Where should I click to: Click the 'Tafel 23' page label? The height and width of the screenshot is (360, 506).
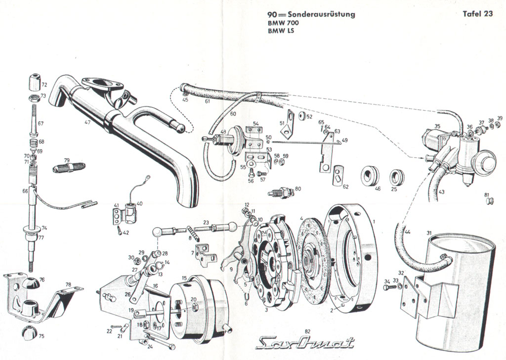tap(477, 14)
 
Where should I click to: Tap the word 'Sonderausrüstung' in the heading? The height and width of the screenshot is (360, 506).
tap(324, 14)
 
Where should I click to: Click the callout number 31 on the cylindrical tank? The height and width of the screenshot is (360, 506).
tap(429, 233)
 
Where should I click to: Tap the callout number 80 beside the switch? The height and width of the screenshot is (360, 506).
tap(297, 189)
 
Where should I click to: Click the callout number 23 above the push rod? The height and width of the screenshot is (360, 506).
tap(206, 222)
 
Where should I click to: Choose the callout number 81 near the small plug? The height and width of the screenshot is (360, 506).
tap(487, 194)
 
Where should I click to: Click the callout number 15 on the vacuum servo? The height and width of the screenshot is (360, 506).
tap(184, 279)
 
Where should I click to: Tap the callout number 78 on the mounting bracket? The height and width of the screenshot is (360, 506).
tap(68, 285)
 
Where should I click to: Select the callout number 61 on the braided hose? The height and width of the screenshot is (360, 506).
tap(207, 102)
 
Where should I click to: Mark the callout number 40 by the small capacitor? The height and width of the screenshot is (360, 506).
tap(139, 203)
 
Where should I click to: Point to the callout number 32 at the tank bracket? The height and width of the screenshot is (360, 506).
tap(401, 273)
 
